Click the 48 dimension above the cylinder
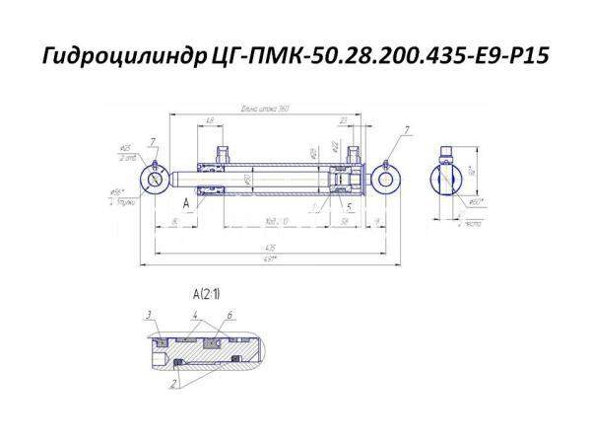coord(211,120)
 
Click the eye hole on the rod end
coord(156,180)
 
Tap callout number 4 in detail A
coord(197,314)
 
